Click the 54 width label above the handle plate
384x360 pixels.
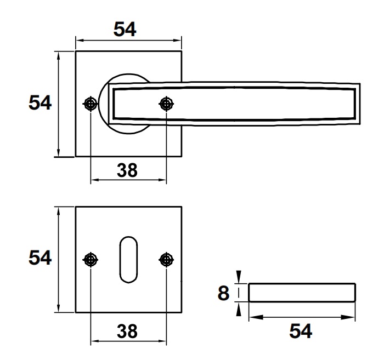tap(125, 28)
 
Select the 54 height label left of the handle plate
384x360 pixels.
tap(40, 103)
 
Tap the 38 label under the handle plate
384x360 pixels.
tap(127, 170)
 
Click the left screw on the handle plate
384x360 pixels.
tap(91, 104)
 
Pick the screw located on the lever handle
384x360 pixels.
tap(166, 104)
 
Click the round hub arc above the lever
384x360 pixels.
tap(123, 76)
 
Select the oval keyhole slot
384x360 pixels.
tap(128, 260)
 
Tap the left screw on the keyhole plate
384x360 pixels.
tap(91, 260)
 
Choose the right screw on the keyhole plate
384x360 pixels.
tap(166, 260)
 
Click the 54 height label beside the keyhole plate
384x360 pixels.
tap(40, 258)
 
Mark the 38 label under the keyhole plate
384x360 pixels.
tap(127, 330)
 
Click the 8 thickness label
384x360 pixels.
tap(223, 293)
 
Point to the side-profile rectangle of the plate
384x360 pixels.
tap(301, 293)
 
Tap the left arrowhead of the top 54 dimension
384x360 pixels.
tap(78, 40)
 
